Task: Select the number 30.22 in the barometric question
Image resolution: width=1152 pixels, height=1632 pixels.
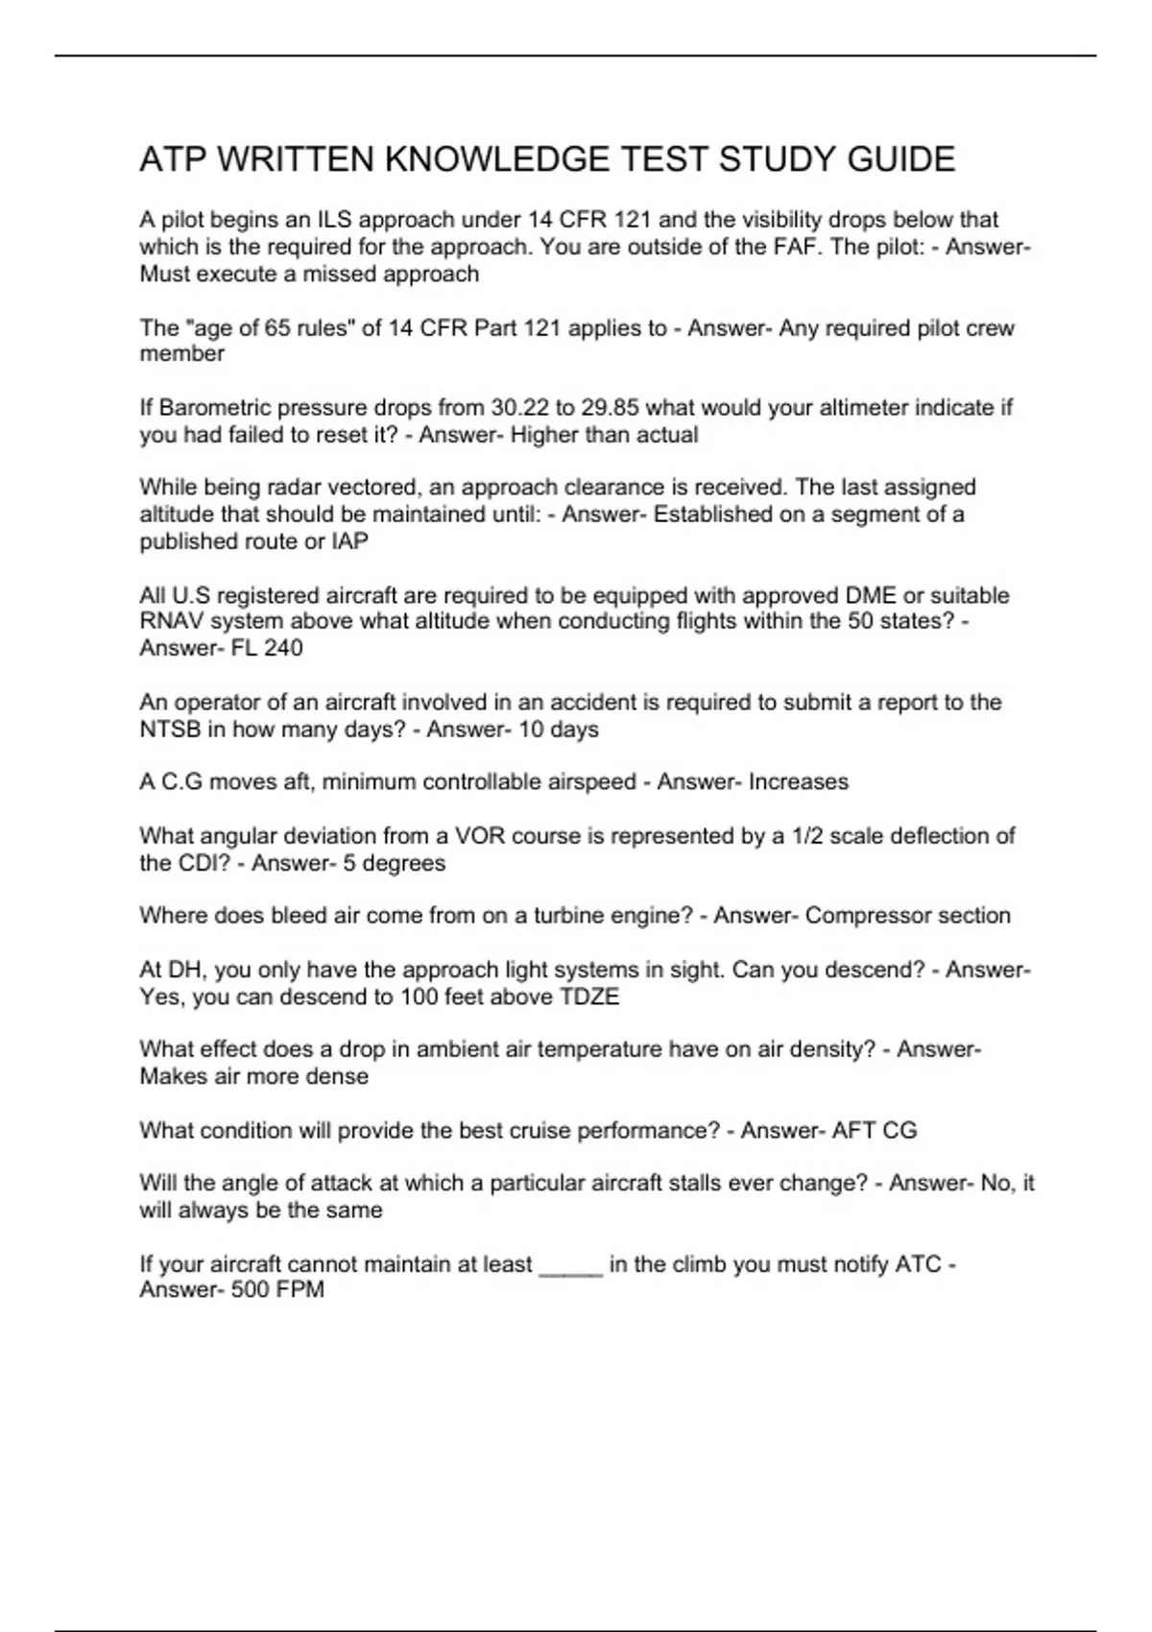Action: pos(518,408)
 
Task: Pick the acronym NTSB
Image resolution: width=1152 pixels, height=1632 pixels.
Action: pos(170,730)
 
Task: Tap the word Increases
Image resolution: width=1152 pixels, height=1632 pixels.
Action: pos(798,782)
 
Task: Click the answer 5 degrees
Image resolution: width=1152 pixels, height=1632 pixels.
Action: pos(394,863)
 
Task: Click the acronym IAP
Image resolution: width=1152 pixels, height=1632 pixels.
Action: pos(349,541)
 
